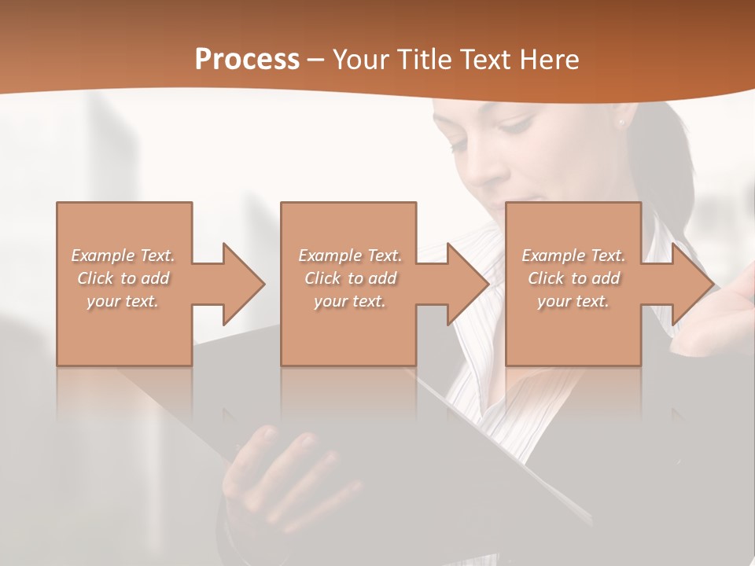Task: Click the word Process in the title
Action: coord(247,60)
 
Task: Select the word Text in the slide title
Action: coord(484,60)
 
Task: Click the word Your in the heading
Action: coord(362,60)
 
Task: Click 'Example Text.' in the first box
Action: coord(123,255)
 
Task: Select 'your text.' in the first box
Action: coord(123,301)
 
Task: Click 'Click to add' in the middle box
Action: coord(350,278)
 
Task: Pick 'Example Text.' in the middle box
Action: coord(350,255)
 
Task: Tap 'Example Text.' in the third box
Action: coord(573,255)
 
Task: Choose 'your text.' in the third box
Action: coord(573,301)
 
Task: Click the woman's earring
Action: coord(621,122)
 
